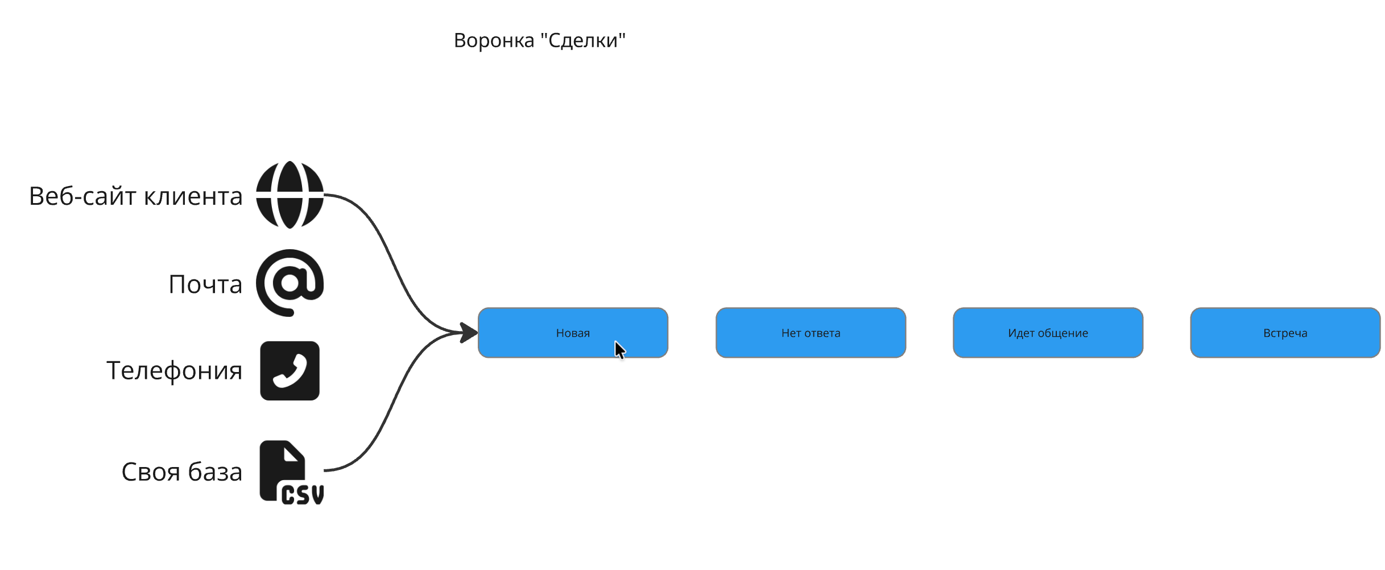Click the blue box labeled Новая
(572, 333)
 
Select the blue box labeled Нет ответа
(811, 333)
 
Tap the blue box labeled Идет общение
(1048, 333)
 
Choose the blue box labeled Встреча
(1285, 333)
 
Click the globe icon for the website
(290, 195)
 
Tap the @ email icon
(290, 283)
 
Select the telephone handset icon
(290, 371)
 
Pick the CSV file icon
(291, 472)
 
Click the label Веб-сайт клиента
(135, 196)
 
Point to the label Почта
(205, 284)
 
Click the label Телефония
(174, 371)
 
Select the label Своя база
(181, 472)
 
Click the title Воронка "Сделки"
(539, 40)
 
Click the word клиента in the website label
(193, 196)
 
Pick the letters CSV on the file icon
(303, 495)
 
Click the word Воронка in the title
(494, 40)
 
